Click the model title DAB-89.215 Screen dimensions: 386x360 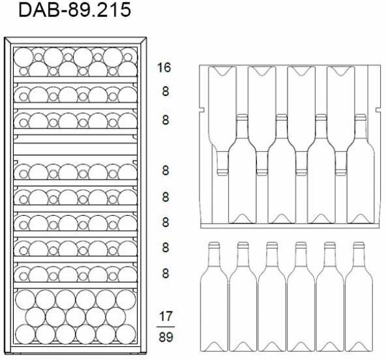pos(74,10)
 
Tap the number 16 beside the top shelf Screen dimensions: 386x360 pos(164,67)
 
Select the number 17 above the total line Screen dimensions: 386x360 pos(166,316)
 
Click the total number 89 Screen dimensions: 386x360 pos(166,337)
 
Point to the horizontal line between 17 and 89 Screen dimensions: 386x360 pos(166,327)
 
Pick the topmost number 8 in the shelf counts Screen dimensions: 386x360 pos(166,91)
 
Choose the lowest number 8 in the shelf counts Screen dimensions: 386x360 pos(166,273)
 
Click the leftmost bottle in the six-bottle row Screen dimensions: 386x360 pos(214,297)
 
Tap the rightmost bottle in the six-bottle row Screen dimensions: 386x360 pos(359,297)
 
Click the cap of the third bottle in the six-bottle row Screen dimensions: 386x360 pos(272,245)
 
